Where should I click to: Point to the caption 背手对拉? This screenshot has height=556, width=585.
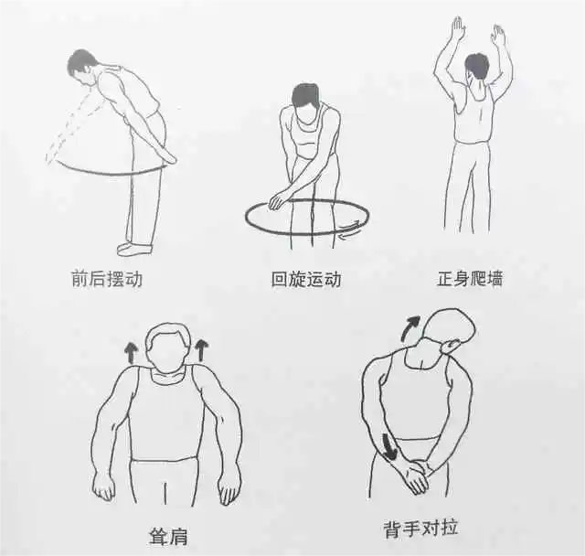pyautogui.click(x=421, y=529)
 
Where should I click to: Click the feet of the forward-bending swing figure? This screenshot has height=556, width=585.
pyautogui.click(x=135, y=247)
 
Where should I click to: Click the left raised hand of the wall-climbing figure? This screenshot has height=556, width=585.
pyautogui.click(x=457, y=28)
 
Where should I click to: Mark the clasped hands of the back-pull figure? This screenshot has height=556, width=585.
pyautogui.click(x=416, y=476)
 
